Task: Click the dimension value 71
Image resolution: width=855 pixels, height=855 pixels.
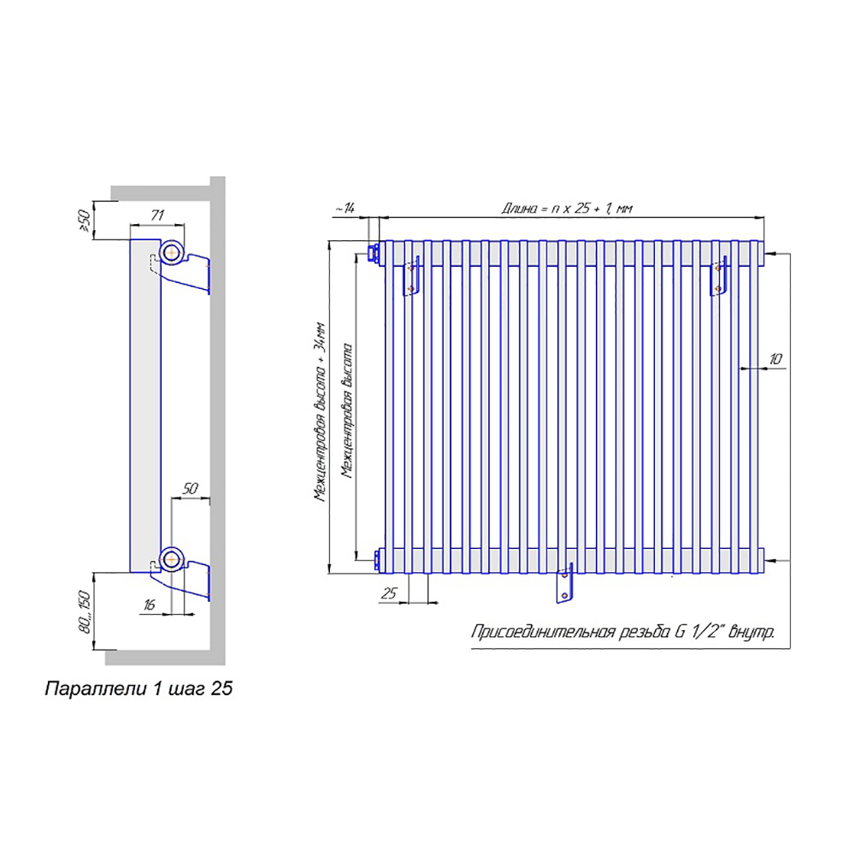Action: pos(157,215)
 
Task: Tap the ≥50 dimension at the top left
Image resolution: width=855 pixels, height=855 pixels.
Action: pos(85,221)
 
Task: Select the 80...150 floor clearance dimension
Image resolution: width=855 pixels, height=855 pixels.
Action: pos(85,611)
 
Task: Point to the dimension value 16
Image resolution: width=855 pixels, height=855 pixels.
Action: pos(149,604)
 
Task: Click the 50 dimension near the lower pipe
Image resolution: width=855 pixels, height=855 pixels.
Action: pos(190,488)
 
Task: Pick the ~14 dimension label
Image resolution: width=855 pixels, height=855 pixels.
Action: pos(345,208)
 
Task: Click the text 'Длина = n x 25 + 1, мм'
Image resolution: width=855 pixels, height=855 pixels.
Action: pos(567,208)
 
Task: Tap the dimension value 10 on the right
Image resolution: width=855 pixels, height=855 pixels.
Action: pos(775,359)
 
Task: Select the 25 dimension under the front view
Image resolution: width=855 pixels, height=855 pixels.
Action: pos(389,593)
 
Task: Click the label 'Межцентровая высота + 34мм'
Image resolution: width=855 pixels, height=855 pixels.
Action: pos(320,412)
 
